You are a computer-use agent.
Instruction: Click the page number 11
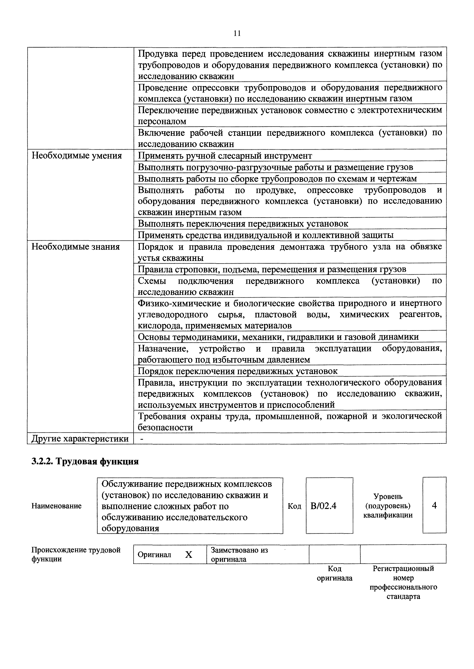tap(237, 34)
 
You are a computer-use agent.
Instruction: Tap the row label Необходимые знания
tap(76, 247)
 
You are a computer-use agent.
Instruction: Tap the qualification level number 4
tap(434, 505)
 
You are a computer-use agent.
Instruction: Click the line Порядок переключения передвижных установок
tap(238, 371)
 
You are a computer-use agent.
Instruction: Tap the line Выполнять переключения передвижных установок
tap(243, 224)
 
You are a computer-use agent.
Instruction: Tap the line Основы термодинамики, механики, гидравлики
tap(278, 337)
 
